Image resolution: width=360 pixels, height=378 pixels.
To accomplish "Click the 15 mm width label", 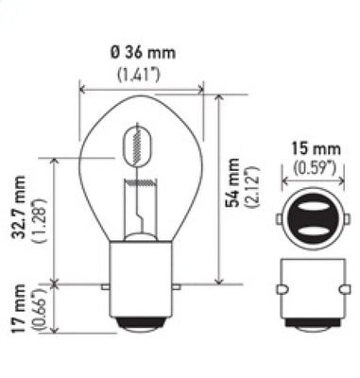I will pyautogui.click(x=304, y=149).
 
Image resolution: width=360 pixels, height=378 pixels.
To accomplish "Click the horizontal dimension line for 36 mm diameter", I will pyautogui.click(x=142, y=91).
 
